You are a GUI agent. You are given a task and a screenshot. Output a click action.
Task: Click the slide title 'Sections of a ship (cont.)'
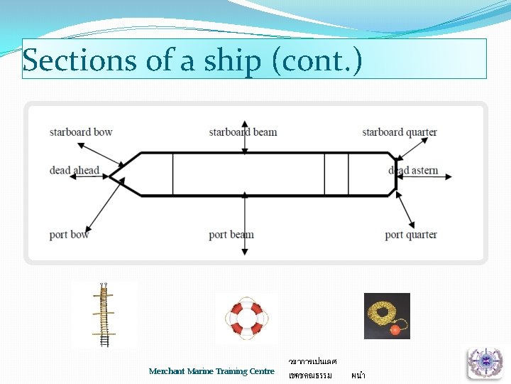(x=192, y=60)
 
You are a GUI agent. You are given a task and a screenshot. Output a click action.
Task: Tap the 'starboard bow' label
(x=81, y=132)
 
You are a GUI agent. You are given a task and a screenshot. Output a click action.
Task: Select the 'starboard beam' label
(x=243, y=132)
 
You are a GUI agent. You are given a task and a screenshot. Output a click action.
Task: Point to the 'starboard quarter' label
(x=400, y=132)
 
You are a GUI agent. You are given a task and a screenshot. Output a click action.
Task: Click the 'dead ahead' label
(x=74, y=171)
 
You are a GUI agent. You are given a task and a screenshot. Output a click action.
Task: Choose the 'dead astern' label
(x=413, y=171)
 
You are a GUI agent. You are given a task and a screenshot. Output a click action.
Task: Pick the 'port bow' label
(x=70, y=235)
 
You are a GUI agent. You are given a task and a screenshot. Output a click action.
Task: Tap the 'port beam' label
(x=231, y=235)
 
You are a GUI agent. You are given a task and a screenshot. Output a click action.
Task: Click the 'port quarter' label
(x=411, y=235)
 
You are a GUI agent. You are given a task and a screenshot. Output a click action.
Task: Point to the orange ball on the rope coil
(x=395, y=329)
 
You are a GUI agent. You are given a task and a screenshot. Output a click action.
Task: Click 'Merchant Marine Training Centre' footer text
(x=211, y=371)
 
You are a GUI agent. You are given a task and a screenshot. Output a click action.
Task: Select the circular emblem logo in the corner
(x=485, y=363)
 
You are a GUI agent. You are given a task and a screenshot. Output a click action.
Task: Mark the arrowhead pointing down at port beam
(x=245, y=252)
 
